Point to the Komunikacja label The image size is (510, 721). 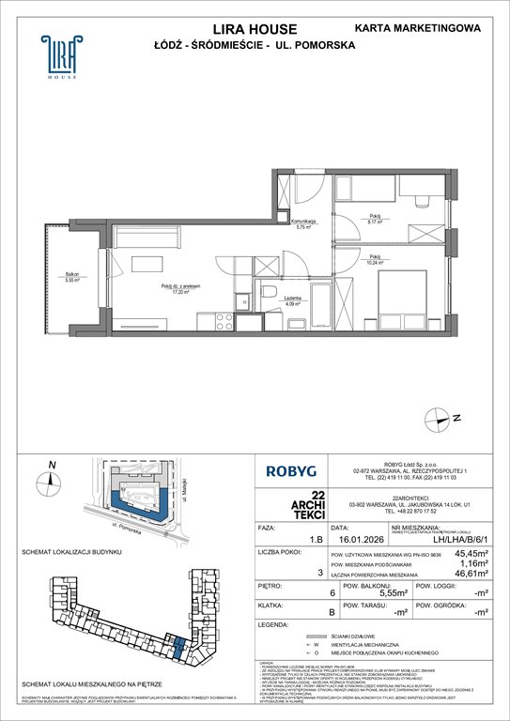(302, 222)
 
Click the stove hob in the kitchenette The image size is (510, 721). (226, 320)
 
